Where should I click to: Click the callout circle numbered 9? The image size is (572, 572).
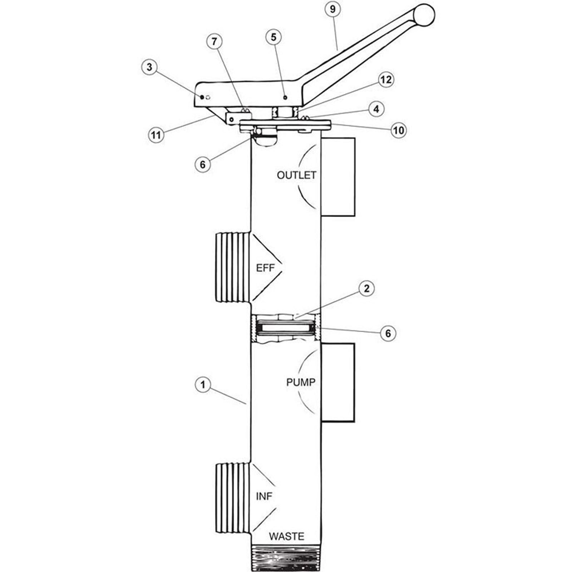pyautogui.click(x=333, y=9)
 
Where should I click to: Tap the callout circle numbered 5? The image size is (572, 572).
pyautogui.click(x=274, y=37)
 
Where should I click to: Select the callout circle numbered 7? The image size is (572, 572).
pyautogui.click(x=214, y=42)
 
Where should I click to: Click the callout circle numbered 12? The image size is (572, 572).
pyautogui.click(x=385, y=79)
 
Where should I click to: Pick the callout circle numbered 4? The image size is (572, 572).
pyautogui.click(x=376, y=109)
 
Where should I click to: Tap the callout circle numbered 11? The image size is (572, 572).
pyautogui.click(x=156, y=135)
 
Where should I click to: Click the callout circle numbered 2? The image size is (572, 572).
pyautogui.click(x=366, y=289)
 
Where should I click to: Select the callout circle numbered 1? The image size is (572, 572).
pyautogui.click(x=203, y=385)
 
